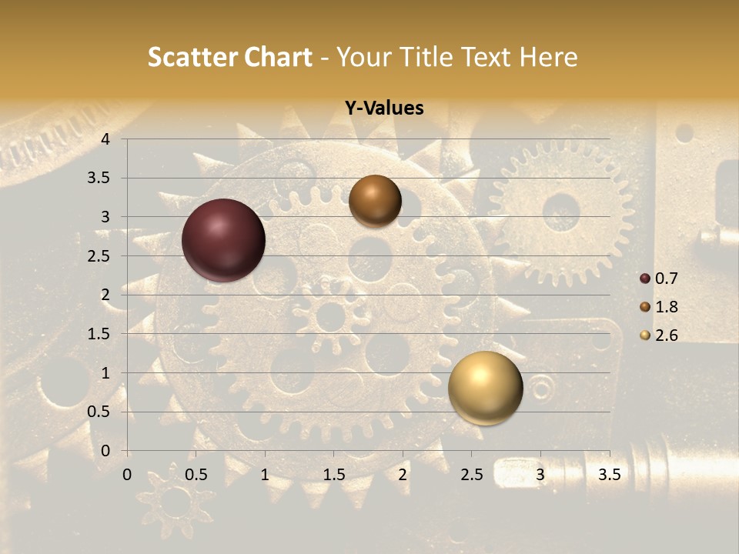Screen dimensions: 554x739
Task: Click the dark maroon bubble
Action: click(223, 240)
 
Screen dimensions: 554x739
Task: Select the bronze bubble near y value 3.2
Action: click(375, 201)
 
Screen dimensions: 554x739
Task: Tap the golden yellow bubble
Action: click(485, 388)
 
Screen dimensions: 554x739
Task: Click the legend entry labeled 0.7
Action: click(665, 279)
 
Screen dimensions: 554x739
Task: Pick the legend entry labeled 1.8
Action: click(665, 307)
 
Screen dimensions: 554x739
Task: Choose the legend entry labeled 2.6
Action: click(665, 335)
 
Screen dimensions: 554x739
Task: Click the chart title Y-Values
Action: click(384, 108)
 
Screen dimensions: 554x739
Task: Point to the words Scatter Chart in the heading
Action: click(229, 57)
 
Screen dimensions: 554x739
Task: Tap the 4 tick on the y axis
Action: click(105, 139)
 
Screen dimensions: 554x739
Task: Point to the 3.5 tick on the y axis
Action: click(99, 179)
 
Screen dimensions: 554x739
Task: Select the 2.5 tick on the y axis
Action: click(99, 256)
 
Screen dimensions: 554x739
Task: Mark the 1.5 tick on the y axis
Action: click(99, 334)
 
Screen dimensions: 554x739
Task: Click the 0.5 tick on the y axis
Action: click(99, 412)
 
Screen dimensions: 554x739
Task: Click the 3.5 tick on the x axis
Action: click(609, 475)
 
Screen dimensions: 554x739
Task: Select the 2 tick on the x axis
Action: click(403, 475)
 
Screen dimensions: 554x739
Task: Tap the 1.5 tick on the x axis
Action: click(333, 475)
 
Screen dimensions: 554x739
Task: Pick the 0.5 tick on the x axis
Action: click(196, 475)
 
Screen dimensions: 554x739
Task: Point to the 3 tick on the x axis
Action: click(540, 475)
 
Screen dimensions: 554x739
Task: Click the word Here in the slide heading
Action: click(549, 57)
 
